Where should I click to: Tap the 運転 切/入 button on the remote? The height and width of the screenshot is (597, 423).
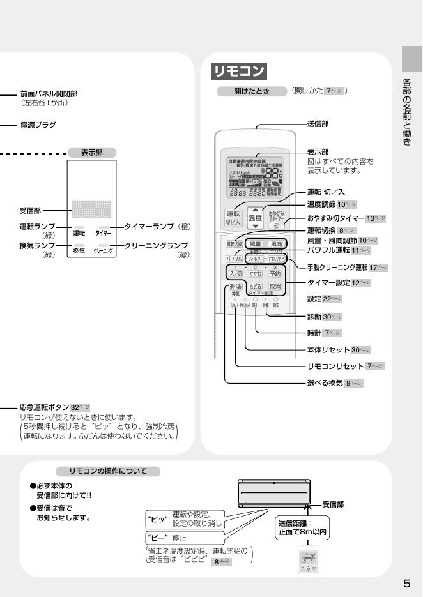point(233,218)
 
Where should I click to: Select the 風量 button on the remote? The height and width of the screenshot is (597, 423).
point(255,244)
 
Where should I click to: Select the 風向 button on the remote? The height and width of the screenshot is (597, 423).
point(276,244)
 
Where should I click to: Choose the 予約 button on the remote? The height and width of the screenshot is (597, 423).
point(275,273)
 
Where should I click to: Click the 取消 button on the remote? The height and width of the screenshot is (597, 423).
point(275,287)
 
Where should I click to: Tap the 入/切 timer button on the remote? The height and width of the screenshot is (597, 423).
point(235,273)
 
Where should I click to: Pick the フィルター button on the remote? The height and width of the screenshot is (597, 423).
point(255,259)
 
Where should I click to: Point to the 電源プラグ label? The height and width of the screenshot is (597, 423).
point(38,125)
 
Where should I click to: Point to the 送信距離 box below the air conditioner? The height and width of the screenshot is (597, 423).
point(303,525)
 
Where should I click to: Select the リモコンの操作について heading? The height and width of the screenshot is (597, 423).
point(107,471)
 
